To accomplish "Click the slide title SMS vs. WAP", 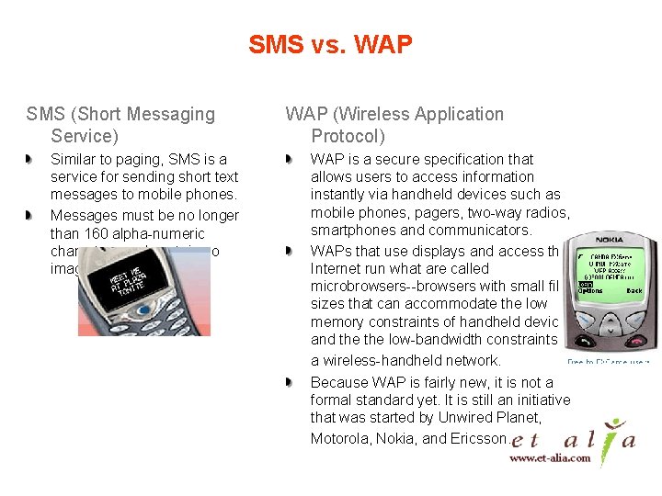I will (x=330, y=43).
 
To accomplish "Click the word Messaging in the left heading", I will (x=172, y=115).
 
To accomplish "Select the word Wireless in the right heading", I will (x=372, y=115).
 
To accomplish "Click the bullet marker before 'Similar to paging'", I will (x=30, y=160).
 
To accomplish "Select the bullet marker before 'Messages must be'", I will (x=30, y=215).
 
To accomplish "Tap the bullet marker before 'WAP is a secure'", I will (x=290, y=160).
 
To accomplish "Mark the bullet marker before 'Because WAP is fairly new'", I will (x=290, y=382).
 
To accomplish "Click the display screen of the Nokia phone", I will (x=607, y=268).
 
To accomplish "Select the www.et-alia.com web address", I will (x=551, y=457).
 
